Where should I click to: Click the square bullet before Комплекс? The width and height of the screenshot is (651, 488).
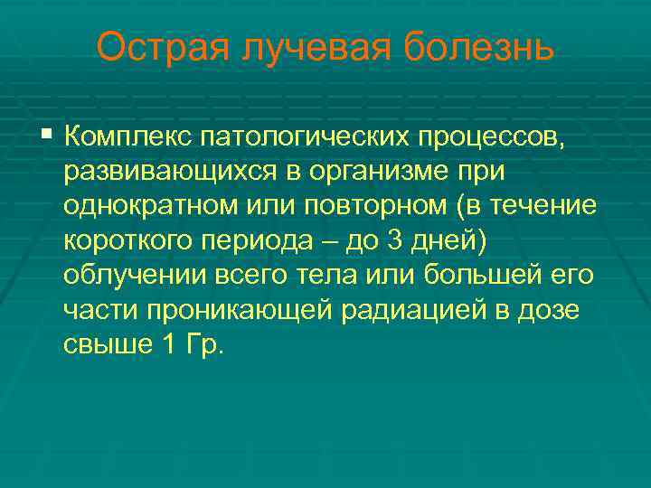pyautogui.click(x=47, y=136)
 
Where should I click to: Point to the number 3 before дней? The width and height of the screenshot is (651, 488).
pyautogui.click(x=390, y=241)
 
